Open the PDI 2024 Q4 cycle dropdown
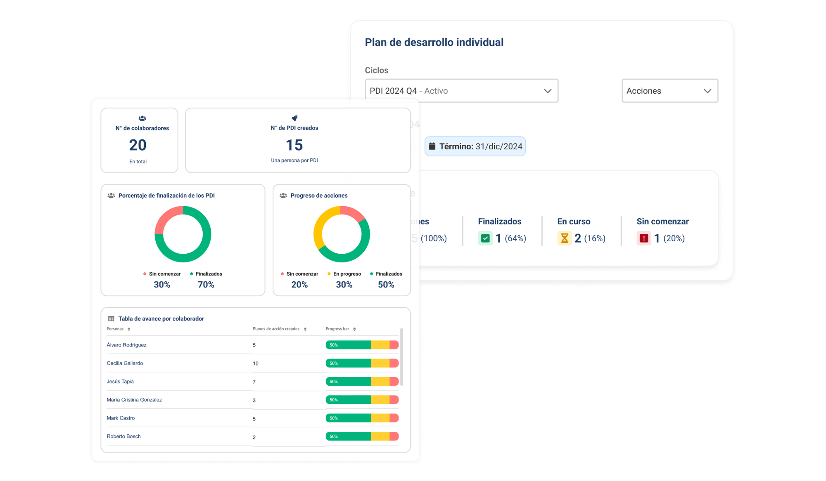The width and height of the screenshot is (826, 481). pyautogui.click(x=461, y=91)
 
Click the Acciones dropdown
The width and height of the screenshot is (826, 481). pyautogui.click(x=669, y=91)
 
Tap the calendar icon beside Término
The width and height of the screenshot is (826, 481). pyautogui.click(x=432, y=146)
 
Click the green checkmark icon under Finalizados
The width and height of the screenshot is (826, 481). pyautogui.click(x=485, y=238)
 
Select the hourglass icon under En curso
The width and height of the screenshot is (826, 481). pyautogui.click(x=564, y=238)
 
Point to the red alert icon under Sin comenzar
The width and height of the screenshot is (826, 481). pyautogui.click(x=643, y=238)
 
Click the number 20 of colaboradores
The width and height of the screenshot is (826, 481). pyautogui.click(x=138, y=145)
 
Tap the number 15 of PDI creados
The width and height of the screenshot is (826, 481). pyautogui.click(x=294, y=145)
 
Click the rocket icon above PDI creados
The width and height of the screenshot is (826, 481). pyautogui.click(x=294, y=118)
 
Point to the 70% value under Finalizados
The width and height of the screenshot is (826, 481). pyautogui.click(x=206, y=285)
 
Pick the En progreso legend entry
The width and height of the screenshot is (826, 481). pyautogui.click(x=347, y=274)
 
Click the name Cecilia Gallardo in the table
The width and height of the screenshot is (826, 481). pyautogui.click(x=125, y=363)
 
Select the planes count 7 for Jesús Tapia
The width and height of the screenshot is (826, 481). pyautogui.click(x=254, y=382)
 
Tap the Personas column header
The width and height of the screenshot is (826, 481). pyautogui.click(x=115, y=329)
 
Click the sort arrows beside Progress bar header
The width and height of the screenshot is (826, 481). pyautogui.click(x=354, y=329)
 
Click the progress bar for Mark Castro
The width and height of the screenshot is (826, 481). pyautogui.click(x=362, y=418)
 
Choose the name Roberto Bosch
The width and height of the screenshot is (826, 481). pyautogui.click(x=123, y=436)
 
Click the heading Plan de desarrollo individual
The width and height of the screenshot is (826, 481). pyautogui.click(x=434, y=42)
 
